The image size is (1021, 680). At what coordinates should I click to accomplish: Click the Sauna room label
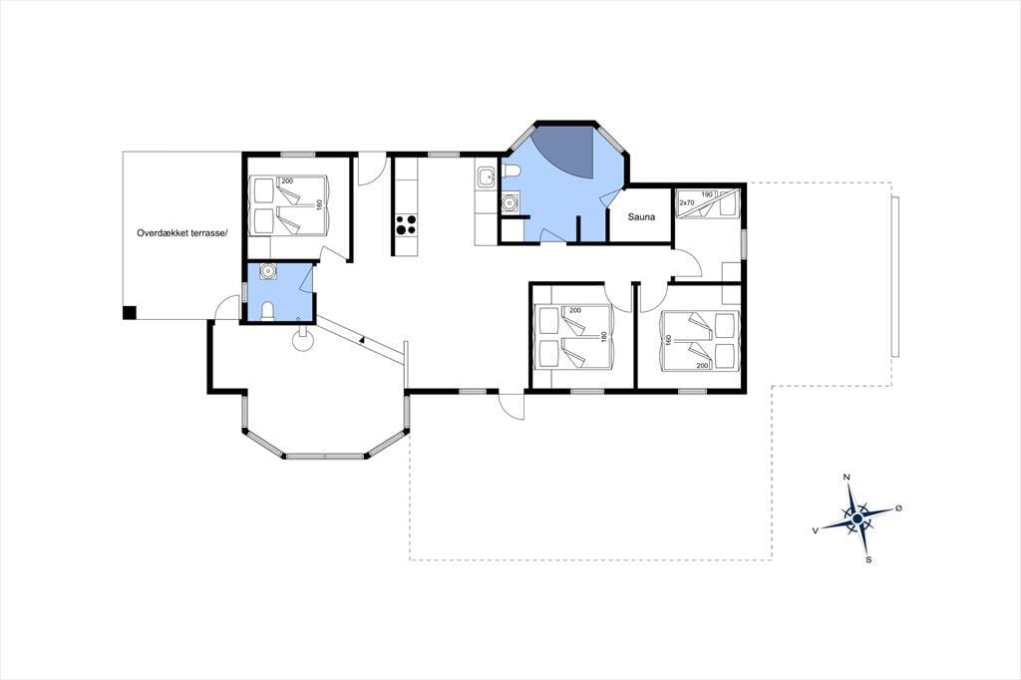[x=641, y=217]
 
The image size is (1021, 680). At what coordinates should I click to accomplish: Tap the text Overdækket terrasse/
[x=183, y=232]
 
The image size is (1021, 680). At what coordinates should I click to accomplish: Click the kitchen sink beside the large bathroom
[x=486, y=175]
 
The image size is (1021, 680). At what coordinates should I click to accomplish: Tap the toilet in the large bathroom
[x=510, y=171]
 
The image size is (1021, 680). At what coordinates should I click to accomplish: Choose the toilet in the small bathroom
[x=267, y=311]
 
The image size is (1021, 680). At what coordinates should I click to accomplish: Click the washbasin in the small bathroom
[x=267, y=271]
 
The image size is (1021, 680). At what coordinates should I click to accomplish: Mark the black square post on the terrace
[x=130, y=313]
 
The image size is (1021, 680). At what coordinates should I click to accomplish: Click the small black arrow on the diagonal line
[x=361, y=339]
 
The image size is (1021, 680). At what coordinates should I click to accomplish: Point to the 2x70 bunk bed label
[x=687, y=203]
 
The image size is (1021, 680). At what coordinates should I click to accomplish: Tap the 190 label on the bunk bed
[x=707, y=194]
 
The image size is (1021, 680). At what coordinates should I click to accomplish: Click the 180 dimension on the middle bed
[x=604, y=337]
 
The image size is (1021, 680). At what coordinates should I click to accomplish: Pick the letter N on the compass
[x=847, y=478]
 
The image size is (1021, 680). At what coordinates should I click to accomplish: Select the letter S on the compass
[x=868, y=559]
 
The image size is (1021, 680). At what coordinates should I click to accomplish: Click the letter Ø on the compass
[x=898, y=508]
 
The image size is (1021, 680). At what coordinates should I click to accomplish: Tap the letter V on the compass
[x=816, y=530]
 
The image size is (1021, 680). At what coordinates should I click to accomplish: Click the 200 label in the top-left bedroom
[x=287, y=180]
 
